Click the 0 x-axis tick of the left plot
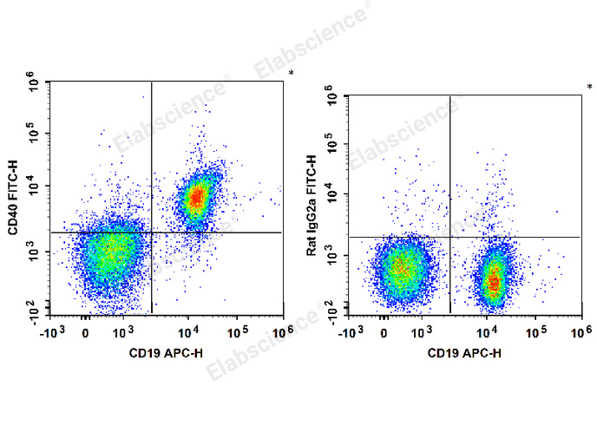(x=85, y=331)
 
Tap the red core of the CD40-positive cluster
(x=197, y=198)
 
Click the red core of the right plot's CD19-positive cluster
(x=494, y=280)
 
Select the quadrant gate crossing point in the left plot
(x=152, y=232)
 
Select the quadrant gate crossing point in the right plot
(x=450, y=237)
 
